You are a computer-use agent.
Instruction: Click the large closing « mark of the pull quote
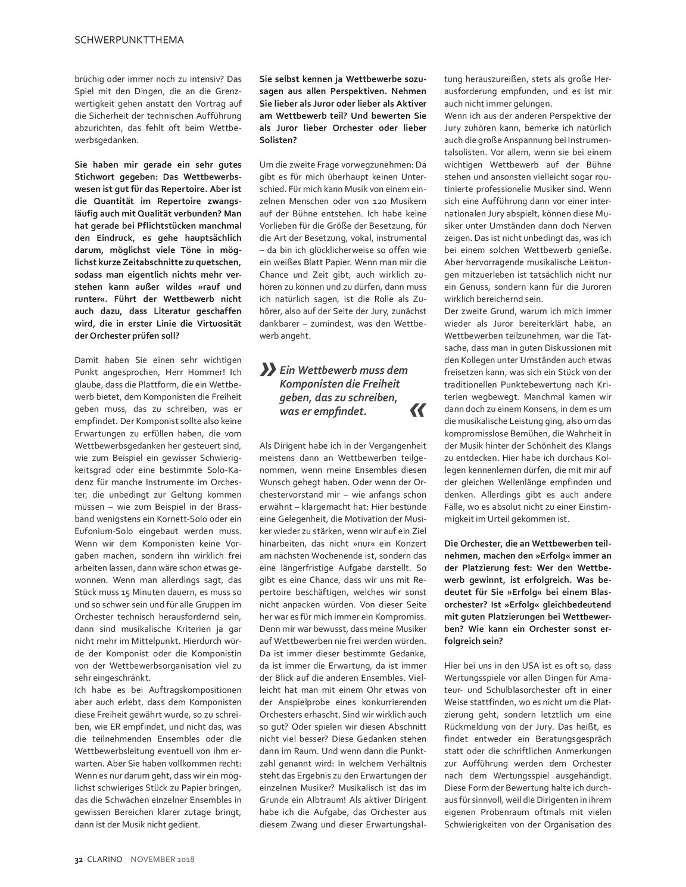(418, 410)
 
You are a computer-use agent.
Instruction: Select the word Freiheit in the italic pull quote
(381, 384)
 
